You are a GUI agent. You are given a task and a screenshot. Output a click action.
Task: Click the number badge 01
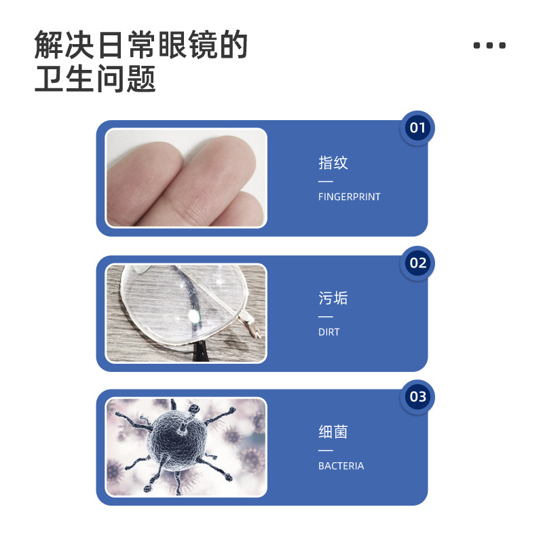pos(417,128)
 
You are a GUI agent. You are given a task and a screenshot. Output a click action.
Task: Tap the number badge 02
pos(417,263)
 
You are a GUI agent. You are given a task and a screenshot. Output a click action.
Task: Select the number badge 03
pos(417,396)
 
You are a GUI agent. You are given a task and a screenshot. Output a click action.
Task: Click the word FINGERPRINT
pos(349,197)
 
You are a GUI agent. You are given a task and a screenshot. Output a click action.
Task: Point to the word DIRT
pos(329,332)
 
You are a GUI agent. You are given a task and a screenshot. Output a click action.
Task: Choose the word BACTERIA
pos(341,466)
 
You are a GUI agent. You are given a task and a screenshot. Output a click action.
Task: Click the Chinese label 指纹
pos(333,163)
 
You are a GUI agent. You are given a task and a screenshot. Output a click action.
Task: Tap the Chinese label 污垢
pos(333,298)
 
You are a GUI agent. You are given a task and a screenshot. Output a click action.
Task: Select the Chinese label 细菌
pos(333,432)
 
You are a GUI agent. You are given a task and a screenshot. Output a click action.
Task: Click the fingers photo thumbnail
pos(186,178)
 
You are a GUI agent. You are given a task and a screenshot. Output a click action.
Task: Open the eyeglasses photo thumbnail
pos(186,313)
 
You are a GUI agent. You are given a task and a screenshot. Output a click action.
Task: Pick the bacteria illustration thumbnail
pos(186,447)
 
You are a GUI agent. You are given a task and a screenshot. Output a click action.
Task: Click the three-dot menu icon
pos(489,45)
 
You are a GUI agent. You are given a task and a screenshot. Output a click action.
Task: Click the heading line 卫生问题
pos(95,79)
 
